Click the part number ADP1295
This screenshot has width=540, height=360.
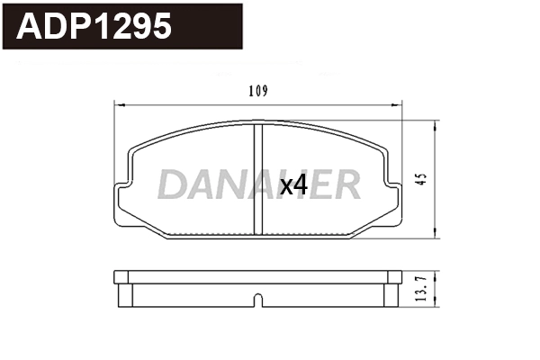(95, 28)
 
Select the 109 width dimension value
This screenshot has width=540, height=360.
(259, 91)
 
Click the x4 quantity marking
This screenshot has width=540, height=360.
(294, 185)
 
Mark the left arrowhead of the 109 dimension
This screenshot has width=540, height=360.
(118, 104)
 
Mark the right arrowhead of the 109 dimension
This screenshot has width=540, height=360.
(400, 104)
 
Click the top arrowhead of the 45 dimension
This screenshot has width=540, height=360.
(436, 123)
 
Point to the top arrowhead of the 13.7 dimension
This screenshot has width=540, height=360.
(436, 273)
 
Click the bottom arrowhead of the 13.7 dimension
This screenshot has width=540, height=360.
(436, 303)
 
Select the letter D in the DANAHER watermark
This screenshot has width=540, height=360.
(171, 184)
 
